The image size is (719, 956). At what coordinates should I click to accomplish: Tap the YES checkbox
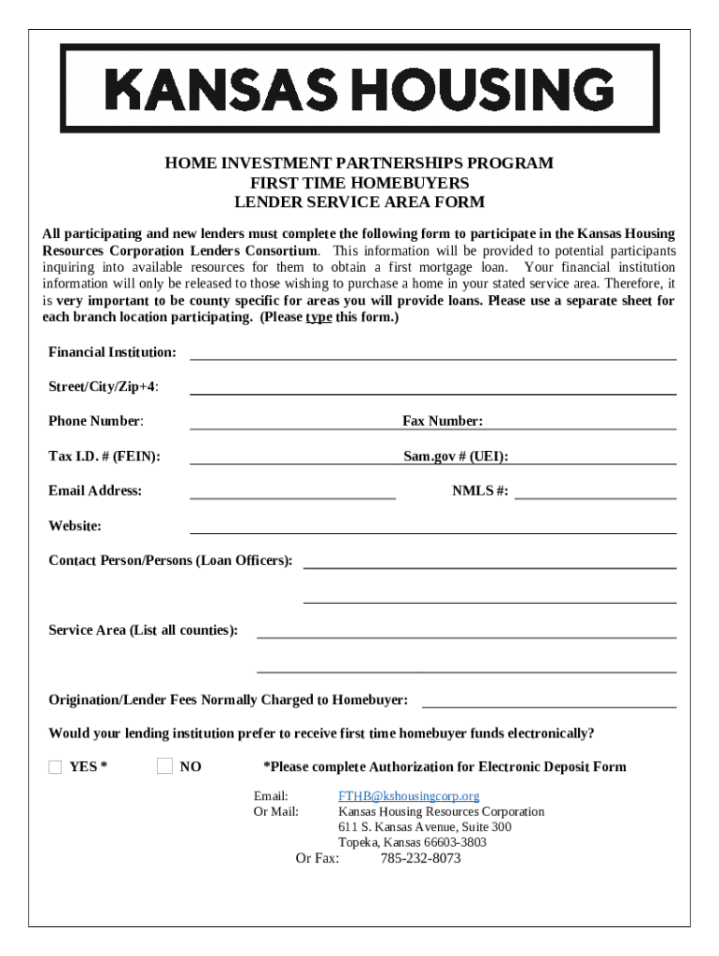click(55, 767)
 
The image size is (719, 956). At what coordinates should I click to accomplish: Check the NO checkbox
click(165, 766)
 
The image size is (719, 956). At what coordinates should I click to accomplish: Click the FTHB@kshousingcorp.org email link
click(408, 796)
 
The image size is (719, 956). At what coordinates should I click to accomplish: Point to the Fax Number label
click(442, 421)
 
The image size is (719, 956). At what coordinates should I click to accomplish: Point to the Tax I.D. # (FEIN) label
click(104, 456)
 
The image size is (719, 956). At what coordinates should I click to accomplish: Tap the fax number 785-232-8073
click(420, 858)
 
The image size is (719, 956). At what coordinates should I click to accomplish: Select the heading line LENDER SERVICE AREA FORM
click(359, 202)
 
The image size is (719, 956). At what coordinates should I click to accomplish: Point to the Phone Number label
click(96, 421)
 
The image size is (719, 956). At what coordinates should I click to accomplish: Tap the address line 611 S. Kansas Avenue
click(424, 827)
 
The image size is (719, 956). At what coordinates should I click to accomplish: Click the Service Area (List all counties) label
click(143, 630)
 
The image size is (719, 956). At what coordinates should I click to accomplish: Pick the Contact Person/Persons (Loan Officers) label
click(170, 560)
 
